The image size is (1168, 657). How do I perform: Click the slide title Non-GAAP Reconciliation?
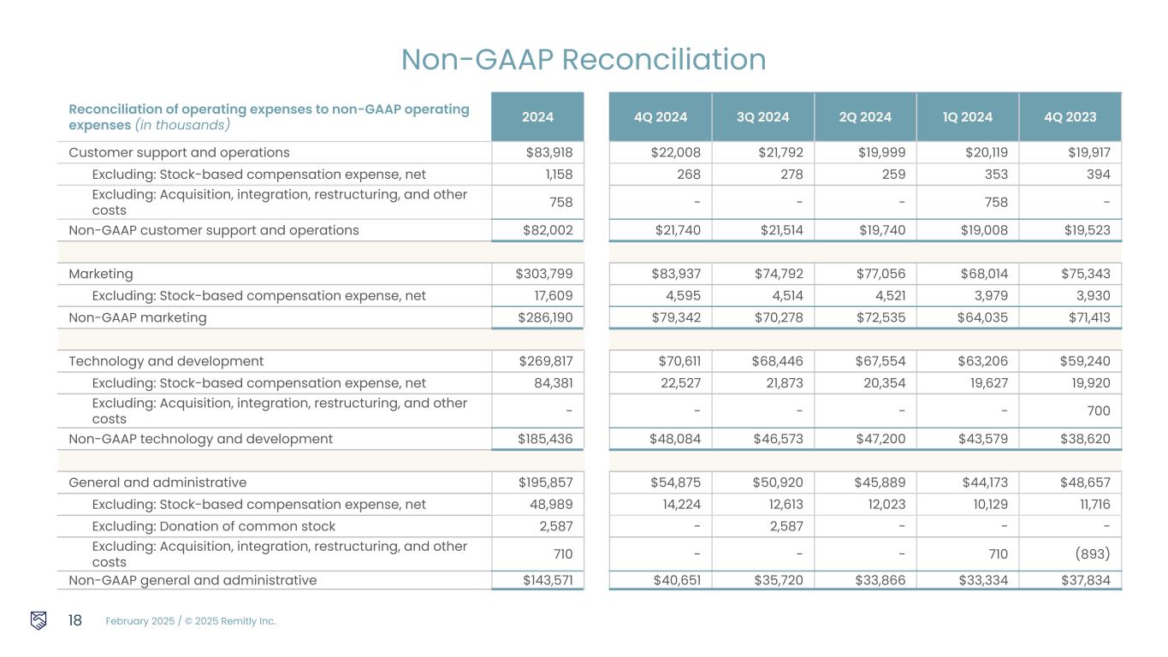point(584,59)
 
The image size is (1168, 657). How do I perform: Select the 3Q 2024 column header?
point(762,117)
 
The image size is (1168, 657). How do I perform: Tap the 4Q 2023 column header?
point(1070,117)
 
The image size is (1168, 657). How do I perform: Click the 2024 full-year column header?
point(537,117)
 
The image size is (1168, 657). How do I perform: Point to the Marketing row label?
point(101,274)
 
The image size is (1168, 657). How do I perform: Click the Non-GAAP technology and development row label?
point(200,439)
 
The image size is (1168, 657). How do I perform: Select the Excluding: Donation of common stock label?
point(213,526)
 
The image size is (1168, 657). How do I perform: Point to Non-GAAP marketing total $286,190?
point(543,317)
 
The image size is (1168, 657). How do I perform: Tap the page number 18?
point(74,620)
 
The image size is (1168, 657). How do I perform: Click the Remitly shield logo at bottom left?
point(39,620)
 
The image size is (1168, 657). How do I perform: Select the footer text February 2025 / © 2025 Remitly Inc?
point(191,621)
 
